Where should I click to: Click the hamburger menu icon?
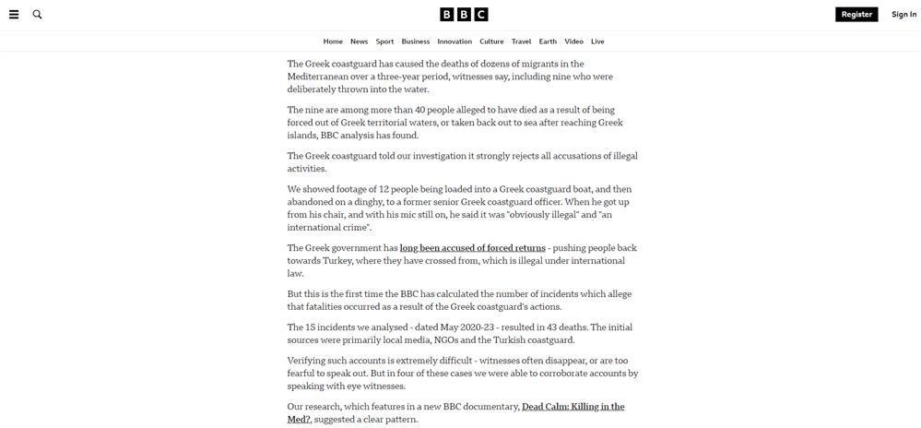pos(14,15)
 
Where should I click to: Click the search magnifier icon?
pos(38,15)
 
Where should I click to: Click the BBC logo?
pos(464,15)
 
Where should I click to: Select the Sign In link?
pos(903,15)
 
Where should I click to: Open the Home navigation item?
pos(333,42)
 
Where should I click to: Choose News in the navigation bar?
pos(359,42)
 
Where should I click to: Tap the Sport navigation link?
pos(384,42)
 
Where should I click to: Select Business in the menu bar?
pos(416,42)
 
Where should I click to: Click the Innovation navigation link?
pos(455,42)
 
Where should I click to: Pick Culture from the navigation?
pos(491,42)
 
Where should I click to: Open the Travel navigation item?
pos(521,42)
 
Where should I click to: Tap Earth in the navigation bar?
pos(548,42)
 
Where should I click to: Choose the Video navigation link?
pos(573,42)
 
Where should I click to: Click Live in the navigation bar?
pos(597,42)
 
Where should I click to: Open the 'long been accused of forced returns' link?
pos(473,248)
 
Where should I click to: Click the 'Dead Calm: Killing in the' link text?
pos(573,407)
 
